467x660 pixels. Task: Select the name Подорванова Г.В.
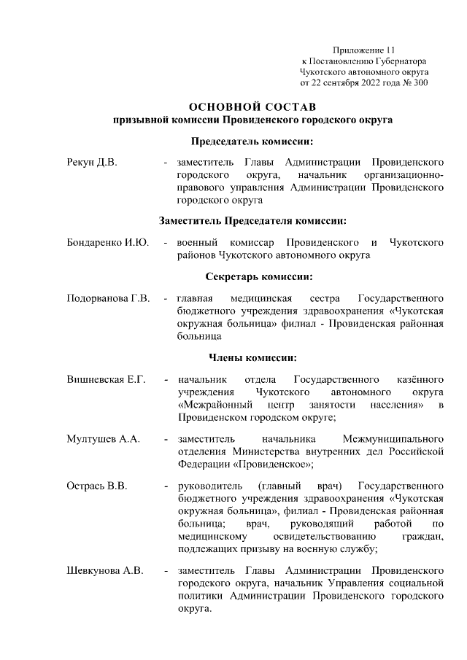point(108,299)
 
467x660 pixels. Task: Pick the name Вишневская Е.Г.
point(106,380)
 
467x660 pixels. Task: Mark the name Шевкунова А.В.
point(105,569)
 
